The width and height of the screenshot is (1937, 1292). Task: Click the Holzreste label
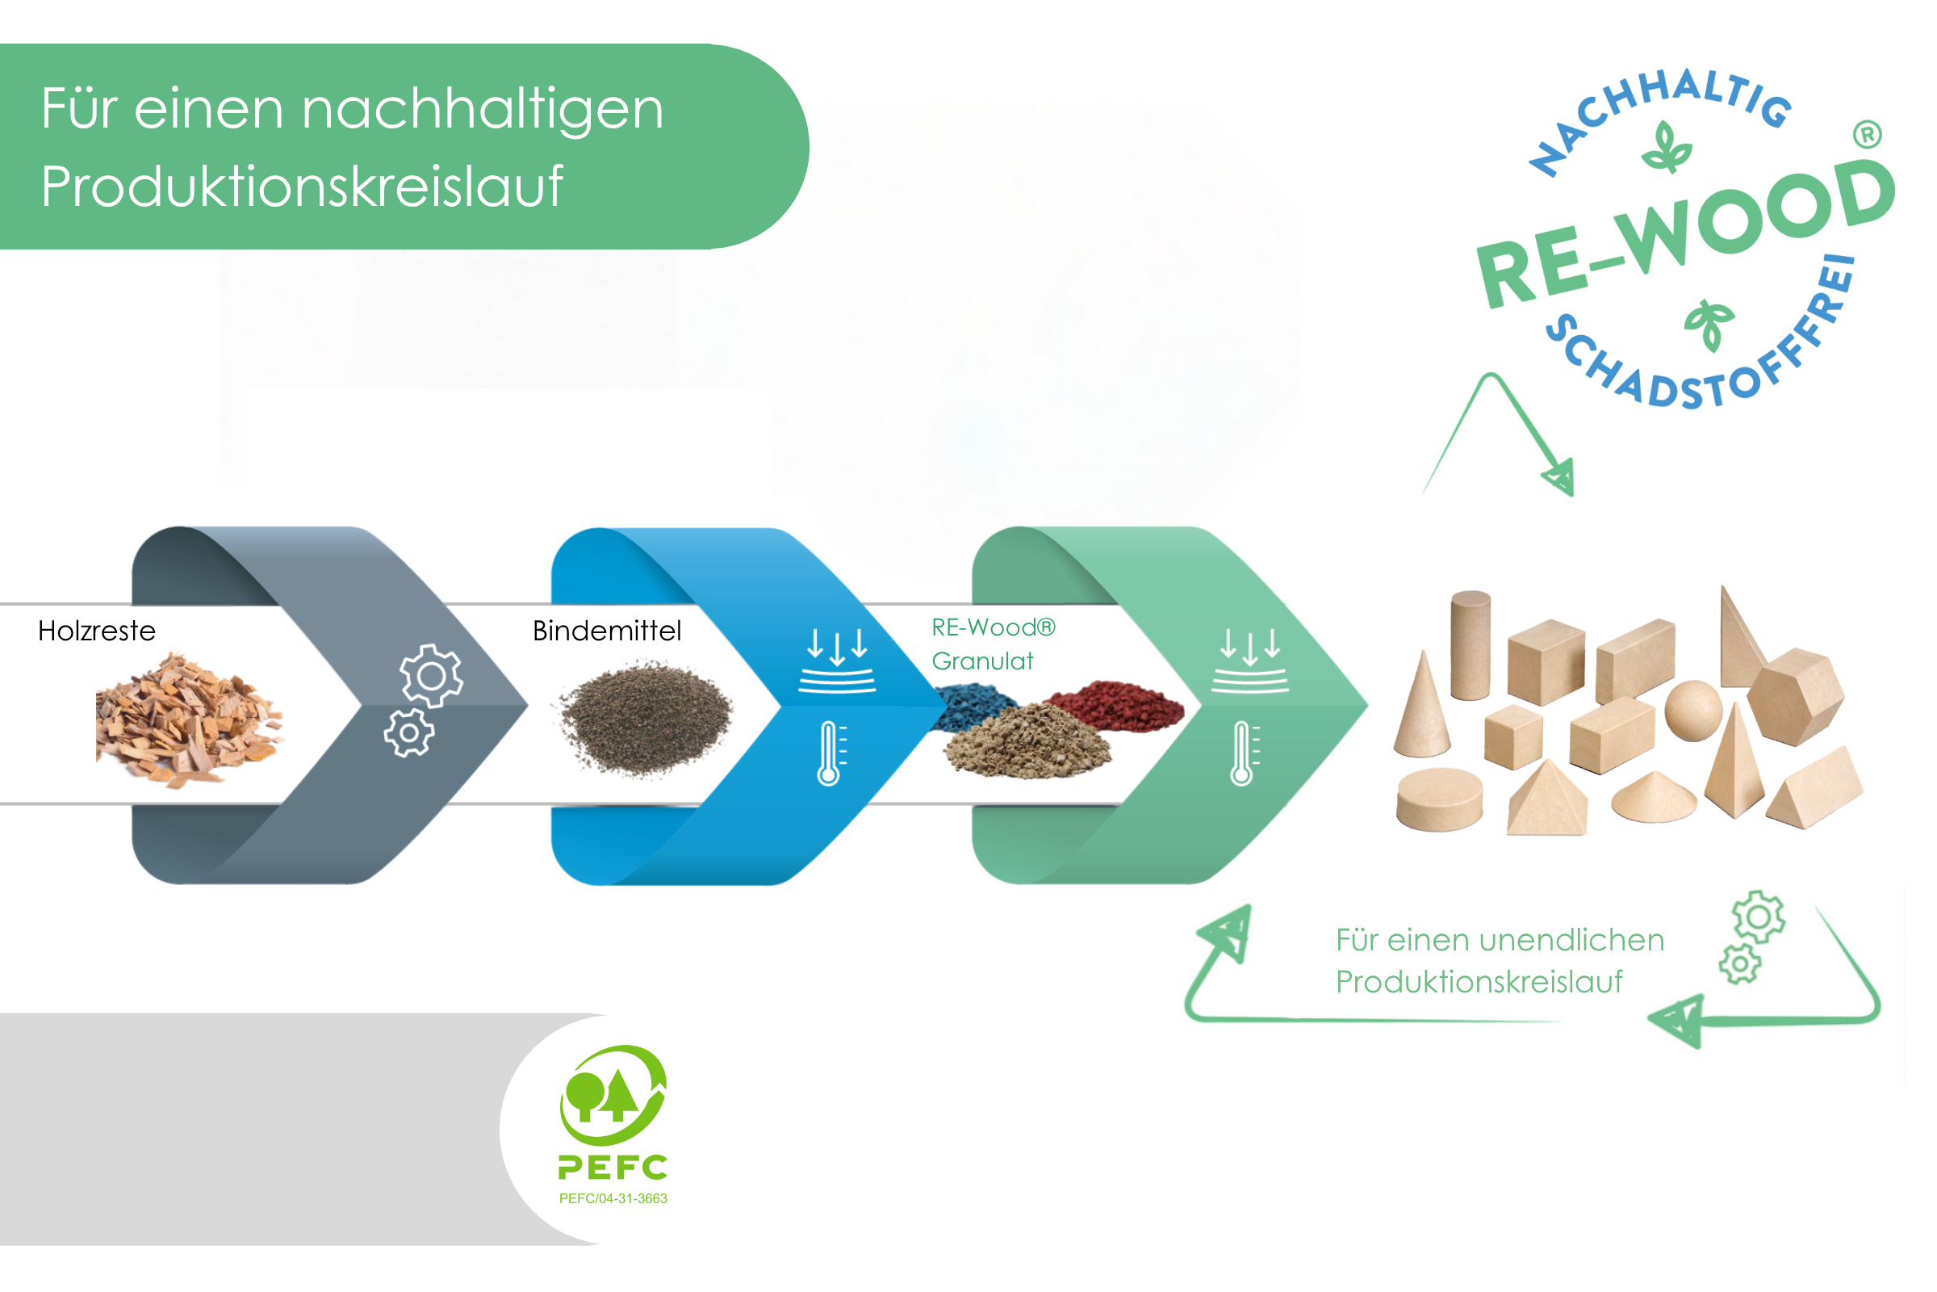[x=96, y=631]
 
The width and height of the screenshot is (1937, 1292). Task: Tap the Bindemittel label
[x=607, y=631]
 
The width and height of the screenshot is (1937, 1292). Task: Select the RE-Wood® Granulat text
[x=993, y=644]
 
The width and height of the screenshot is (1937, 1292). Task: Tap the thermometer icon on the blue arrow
[x=830, y=753]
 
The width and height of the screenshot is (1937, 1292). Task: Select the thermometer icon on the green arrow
[x=1243, y=753]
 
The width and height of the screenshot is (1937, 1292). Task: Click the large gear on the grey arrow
[x=431, y=676]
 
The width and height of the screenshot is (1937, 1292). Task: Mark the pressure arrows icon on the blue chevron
[x=837, y=659]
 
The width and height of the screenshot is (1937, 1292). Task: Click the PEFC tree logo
[x=613, y=1096]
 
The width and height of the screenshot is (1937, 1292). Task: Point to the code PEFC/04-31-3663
[x=613, y=1199]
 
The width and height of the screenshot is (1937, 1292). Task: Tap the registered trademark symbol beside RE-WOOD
[x=1868, y=134]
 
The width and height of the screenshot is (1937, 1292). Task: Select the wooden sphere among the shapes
[x=1692, y=711]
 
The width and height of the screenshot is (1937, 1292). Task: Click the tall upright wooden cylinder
[x=1470, y=645]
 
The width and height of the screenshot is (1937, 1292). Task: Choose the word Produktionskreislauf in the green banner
[x=301, y=187]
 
